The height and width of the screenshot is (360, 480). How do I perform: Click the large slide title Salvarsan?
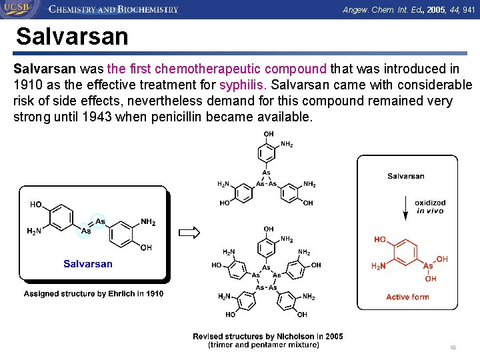[x=72, y=36]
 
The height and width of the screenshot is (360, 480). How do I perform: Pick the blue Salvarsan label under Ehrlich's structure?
[x=88, y=264]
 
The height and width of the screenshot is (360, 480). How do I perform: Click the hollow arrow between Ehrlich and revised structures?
[x=190, y=232]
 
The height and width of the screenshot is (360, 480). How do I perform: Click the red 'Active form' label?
[x=407, y=297]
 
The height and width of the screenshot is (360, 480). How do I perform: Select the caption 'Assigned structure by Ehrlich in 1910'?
[x=93, y=293]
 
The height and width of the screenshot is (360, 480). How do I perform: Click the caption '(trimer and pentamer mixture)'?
[x=264, y=345]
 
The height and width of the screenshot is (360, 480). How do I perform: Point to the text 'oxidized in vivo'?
[x=430, y=207]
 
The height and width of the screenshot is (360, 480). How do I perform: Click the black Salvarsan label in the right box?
[x=405, y=176]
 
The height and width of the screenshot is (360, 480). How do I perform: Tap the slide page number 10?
[x=453, y=347]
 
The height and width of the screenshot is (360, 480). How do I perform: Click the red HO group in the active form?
[x=380, y=239]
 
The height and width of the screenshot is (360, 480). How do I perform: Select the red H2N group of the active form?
[x=378, y=266]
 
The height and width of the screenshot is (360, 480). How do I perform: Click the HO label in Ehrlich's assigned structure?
[x=35, y=204]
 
